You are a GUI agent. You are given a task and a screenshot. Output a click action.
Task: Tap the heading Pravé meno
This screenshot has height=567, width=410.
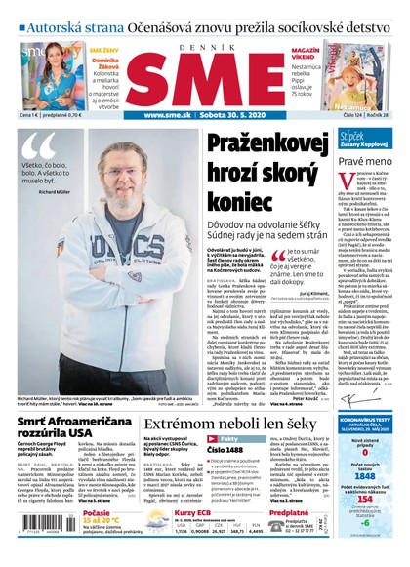coord(365,160)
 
